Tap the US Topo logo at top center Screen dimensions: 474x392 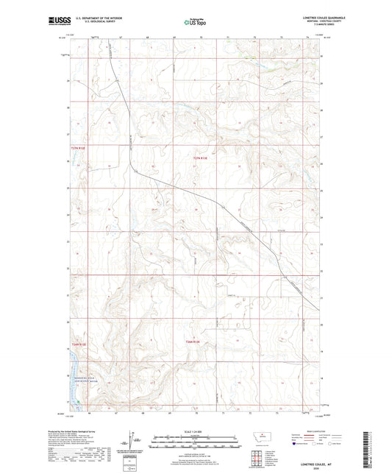coord(195,22)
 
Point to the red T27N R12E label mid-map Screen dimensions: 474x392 coord(201,156)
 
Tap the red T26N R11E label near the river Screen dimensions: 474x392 coord(79,344)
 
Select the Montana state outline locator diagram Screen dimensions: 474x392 coord(260,437)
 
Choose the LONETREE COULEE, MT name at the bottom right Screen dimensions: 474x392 coord(304,461)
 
